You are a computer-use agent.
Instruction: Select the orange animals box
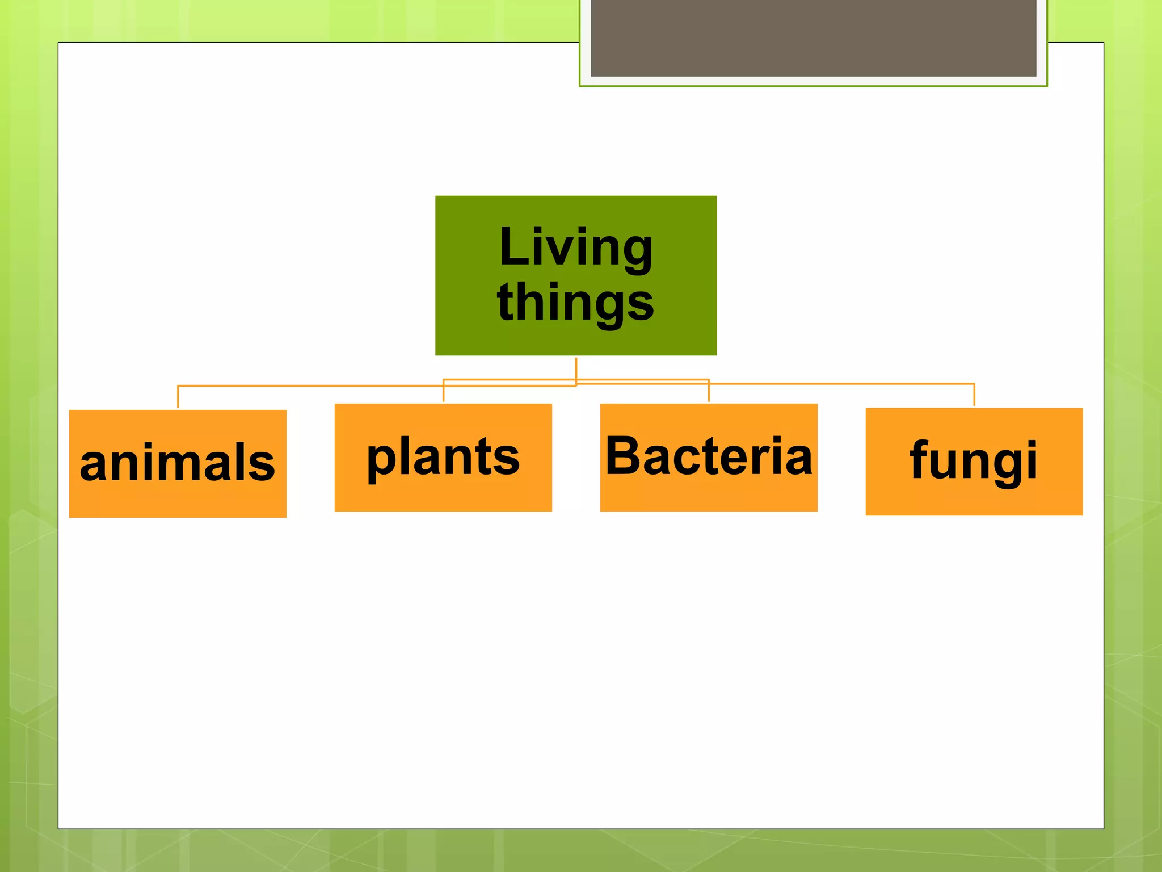[178, 500]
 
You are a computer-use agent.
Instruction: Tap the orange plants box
[443, 494]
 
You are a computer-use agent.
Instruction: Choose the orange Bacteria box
[709, 494]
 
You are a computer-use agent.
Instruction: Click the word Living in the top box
[576, 247]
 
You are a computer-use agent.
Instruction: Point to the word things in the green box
[576, 302]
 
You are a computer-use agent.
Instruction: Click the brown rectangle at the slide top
[813, 37]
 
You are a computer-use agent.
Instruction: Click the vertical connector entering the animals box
[178, 397]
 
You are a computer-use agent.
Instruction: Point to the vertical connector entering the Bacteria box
[709, 393]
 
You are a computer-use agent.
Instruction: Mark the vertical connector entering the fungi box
[974, 395]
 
